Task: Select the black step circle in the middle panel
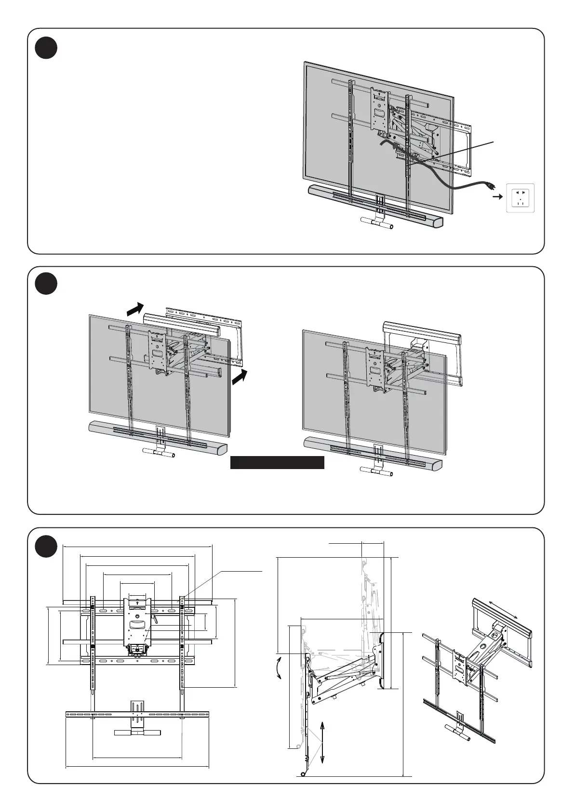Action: click(x=46, y=284)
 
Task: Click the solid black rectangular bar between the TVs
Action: click(x=277, y=462)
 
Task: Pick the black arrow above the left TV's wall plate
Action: click(x=135, y=309)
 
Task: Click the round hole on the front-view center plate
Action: click(x=138, y=615)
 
